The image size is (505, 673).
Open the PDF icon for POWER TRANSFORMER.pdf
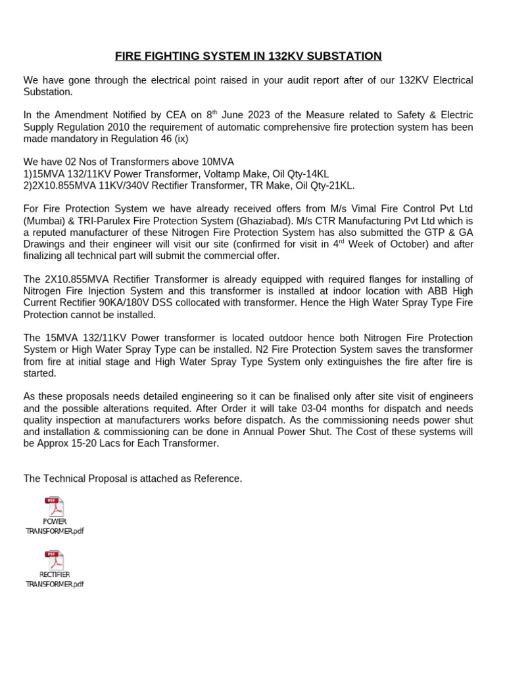click(x=55, y=507)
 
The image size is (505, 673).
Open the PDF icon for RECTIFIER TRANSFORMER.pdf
click(x=55, y=560)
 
